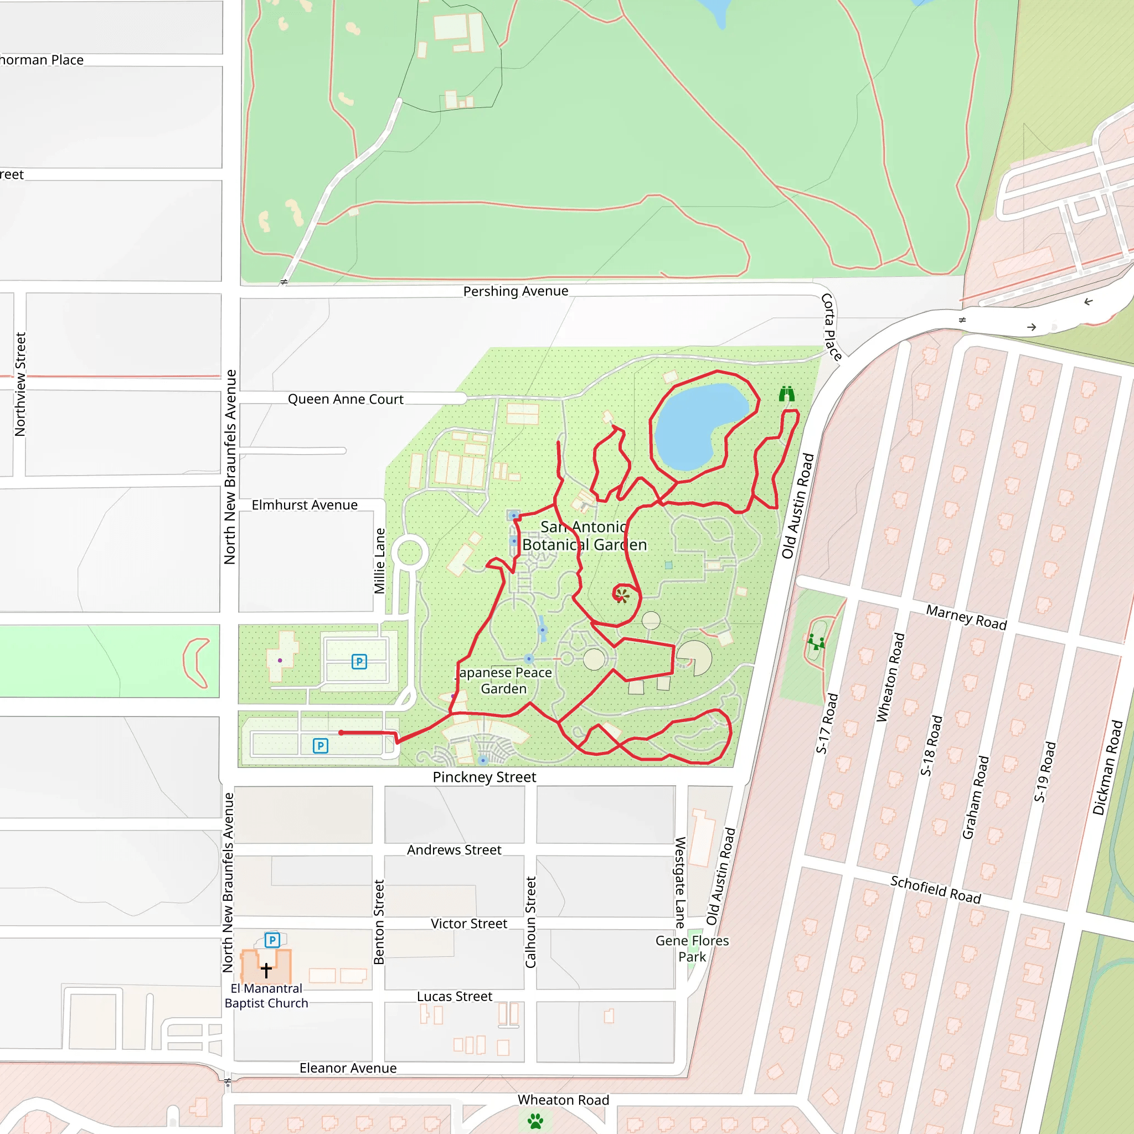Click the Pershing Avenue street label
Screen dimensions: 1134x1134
[x=516, y=291]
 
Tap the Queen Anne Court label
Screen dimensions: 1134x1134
[x=345, y=399]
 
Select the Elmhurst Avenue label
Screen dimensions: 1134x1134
[x=304, y=505]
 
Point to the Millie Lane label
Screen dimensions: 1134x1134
[x=380, y=560]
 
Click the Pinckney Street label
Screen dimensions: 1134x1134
[x=484, y=777]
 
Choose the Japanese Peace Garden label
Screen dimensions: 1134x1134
[x=504, y=681]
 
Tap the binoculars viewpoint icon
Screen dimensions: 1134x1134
[x=786, y=394]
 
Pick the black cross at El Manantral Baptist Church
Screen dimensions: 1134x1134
[x=266, y=970]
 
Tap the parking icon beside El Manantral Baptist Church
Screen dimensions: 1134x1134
[x=272, y=940]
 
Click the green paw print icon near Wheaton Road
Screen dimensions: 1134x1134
[x=535, y=1121]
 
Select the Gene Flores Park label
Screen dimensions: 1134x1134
[x=692, y=949]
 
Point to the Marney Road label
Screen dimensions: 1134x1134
[x=966, y=617]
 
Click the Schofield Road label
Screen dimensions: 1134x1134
[x=936, y=890]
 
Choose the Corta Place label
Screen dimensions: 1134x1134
[x=831, y=326]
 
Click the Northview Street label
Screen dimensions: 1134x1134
[x=20, y=384]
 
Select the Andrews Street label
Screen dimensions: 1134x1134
[x=454, y=850]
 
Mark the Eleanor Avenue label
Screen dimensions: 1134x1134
[x=348, y=1068]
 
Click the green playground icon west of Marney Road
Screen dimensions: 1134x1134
[x=815, y=642]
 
